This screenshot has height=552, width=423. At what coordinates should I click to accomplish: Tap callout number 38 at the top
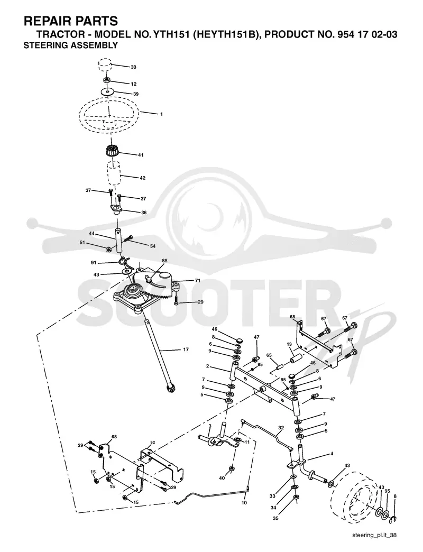(x=133, y=67)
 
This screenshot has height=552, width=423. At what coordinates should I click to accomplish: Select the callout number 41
(x=141, y=155)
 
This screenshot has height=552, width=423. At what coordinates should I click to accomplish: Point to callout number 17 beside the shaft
(x=186, y=349)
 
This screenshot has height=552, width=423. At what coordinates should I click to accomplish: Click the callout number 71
(x=197, y=281)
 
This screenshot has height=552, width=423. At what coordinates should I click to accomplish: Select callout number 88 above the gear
(x=164, y=261)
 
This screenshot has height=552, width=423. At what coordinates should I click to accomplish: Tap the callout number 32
(x=281, y=428)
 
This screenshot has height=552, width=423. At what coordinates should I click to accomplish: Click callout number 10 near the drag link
(x=244, y=503)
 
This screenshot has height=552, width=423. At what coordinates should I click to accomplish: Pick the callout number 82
(x=152, y=442)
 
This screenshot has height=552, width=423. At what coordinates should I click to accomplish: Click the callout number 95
(x=387, y=491)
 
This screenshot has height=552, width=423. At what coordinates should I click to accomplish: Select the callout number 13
(x=289, y=344)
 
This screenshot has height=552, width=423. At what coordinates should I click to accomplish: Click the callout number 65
(x=269, y=355)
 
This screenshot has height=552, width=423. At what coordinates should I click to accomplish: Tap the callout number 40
(x=222, y=478)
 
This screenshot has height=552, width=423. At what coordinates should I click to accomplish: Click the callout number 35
(x=275, y=518)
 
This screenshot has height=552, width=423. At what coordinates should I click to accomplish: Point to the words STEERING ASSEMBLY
(x=71, y=45)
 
